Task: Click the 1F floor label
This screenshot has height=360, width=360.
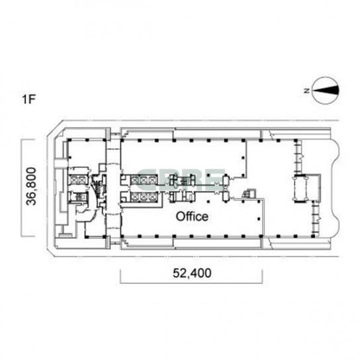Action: pyautogui.click(x=28, y=99)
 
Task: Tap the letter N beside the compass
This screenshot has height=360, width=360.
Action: pyautogui.click(x=306, y=91)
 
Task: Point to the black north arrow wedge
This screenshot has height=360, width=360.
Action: pyautogui.click(x=326, y=90)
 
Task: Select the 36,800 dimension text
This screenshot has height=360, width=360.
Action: pyautogui.click(x=31, y=186)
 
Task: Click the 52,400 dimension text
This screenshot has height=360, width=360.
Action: pyautogui.click(x=192, y=273)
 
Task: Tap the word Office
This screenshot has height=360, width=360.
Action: pyautogui.click(x=192, y=216)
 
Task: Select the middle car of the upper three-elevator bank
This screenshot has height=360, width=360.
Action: pyautogui.click(x=144, y=180)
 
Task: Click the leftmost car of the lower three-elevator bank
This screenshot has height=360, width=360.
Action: pyautogui.click(x=135, y=197)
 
